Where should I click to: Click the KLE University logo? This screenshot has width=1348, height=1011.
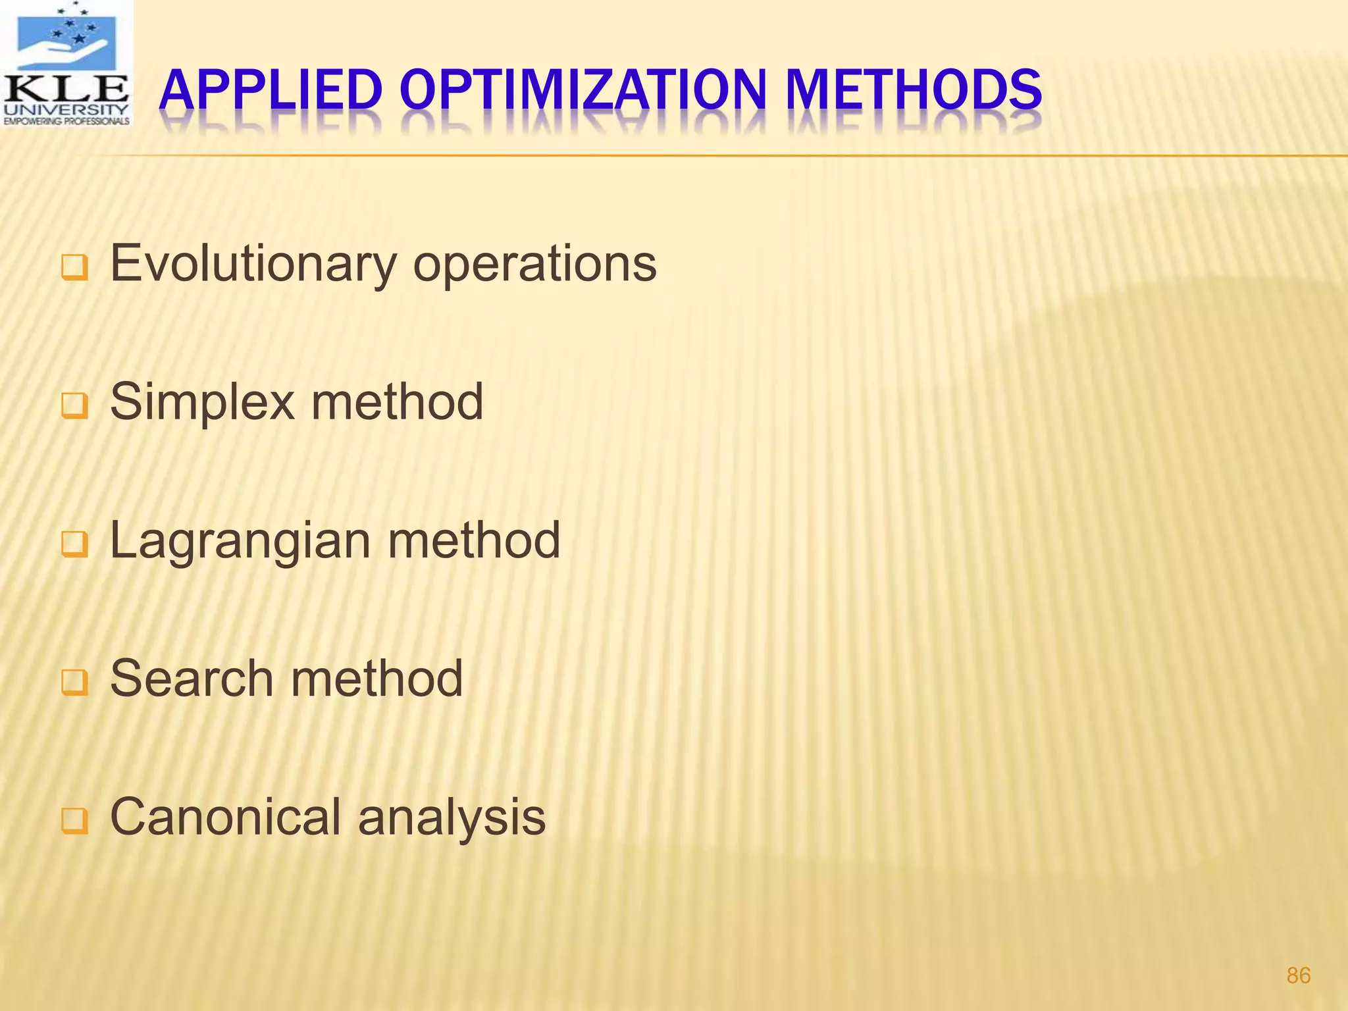pyautogui.click(x=66, y=64)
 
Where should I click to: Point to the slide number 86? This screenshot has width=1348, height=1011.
pyautogui.click(x=1298, y=975)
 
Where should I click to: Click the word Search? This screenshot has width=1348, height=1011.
pyautogui.click(x=191, y=679)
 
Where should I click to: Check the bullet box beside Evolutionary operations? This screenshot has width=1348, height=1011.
pyautogui.click(x=74, y=269)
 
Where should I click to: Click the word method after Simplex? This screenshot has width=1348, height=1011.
pyautogui.click(x=398, y=403)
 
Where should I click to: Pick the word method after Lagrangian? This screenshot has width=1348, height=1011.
pyautogui.click(x=474, y=541)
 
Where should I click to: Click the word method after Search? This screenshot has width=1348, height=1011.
pyautogui.click(x=377, y=679)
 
